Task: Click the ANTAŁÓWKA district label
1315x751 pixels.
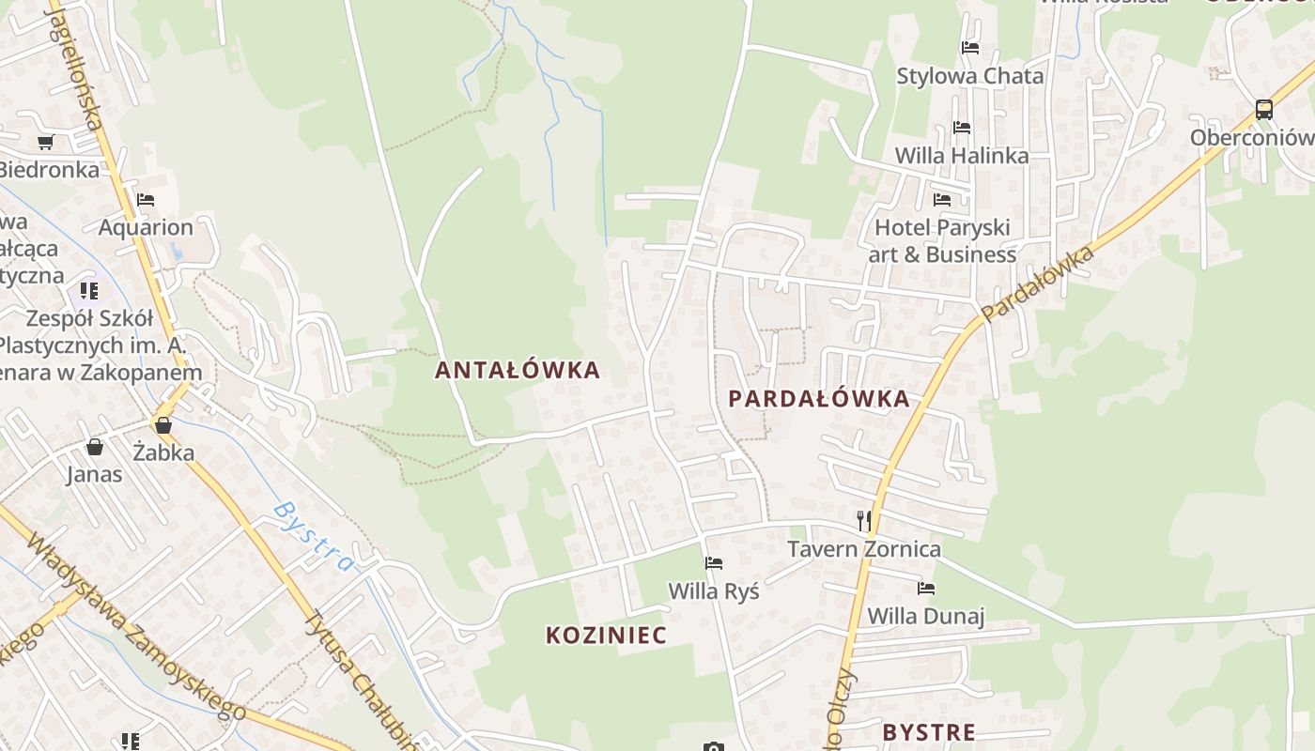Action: [517, 370]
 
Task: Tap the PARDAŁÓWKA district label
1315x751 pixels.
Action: [819, 399]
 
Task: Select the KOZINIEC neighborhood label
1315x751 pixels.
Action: [607, 636]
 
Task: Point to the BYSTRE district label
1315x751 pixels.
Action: [929, 732]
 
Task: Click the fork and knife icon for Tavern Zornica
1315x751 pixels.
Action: [864, 521]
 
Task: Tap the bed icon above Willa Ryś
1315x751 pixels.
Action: [714, 563]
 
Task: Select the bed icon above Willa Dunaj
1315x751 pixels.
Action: [926, 589]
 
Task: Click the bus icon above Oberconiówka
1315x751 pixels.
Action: [1264, 109]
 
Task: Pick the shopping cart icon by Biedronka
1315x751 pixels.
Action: [45, 143]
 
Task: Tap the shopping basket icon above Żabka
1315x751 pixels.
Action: [163, 425]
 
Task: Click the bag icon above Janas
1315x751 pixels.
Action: [94, 447]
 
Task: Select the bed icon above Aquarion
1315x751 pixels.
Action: [146, 200]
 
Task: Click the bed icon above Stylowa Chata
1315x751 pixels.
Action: [970, 47]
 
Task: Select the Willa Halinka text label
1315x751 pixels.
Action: [962, 156]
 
